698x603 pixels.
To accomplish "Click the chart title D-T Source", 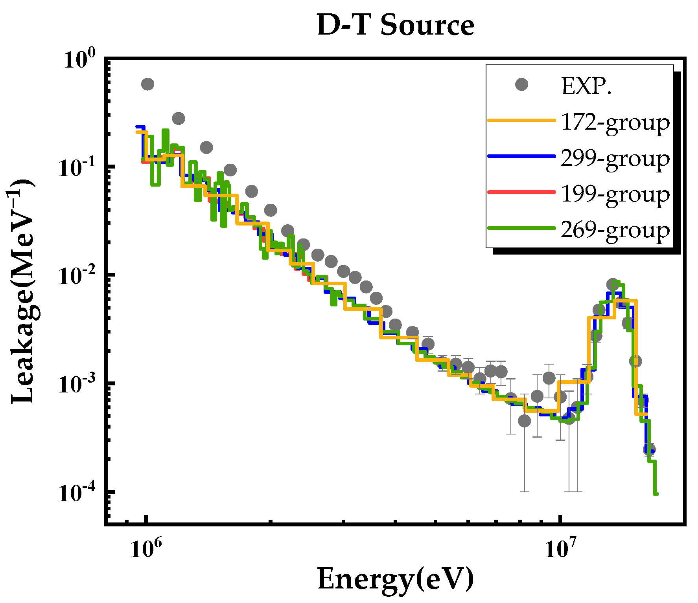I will tap(396, 25).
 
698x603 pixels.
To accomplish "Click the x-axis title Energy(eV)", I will tap(396, 579).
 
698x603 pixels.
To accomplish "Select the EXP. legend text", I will tap(587, 86).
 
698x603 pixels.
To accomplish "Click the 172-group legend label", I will tap(615, 122).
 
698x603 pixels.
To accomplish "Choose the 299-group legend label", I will tap(615, 158).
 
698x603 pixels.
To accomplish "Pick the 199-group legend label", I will tap(615, 194).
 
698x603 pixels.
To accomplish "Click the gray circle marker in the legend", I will tap(521, 84).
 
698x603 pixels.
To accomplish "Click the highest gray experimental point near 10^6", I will tap(147, 84).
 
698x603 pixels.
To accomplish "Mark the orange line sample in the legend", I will tap(521, 120).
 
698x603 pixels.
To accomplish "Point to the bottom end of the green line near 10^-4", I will tap(656, 493).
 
